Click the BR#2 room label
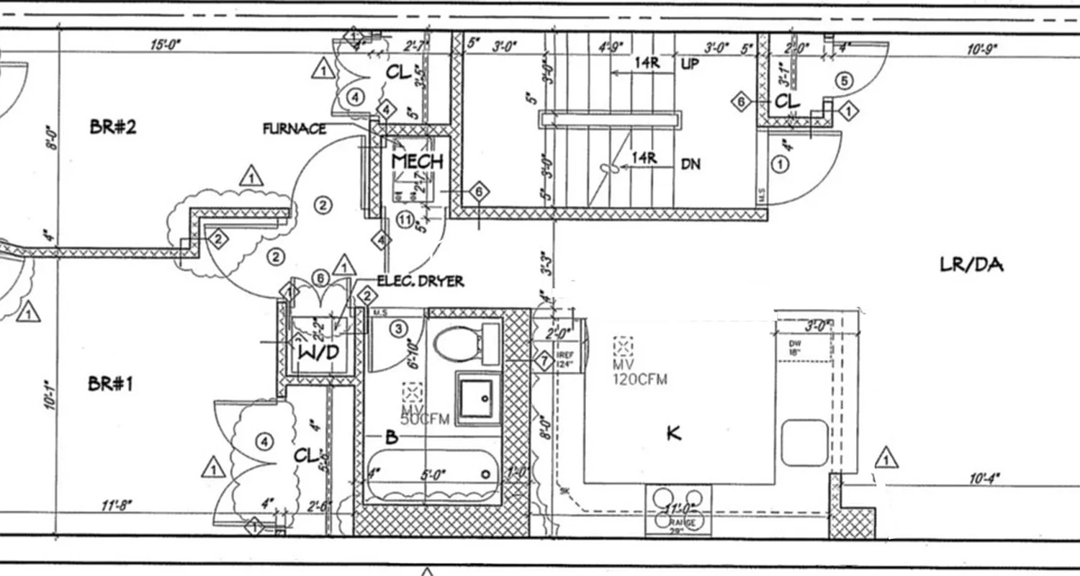coord(113,127)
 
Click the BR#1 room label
coord(110,384)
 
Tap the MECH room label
coord(417,161)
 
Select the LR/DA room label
coord(971,265)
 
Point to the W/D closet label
coord(318,353)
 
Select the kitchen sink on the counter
coord(805,443)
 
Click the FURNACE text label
coord(294,130)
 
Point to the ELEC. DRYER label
coord(420,282)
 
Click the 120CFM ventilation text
coord(640,379)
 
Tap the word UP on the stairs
coord(690,64)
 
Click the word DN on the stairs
coord(690,165)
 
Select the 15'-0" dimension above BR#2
coord(166,45)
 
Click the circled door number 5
coord(844,81)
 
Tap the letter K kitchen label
coord(674,433)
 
